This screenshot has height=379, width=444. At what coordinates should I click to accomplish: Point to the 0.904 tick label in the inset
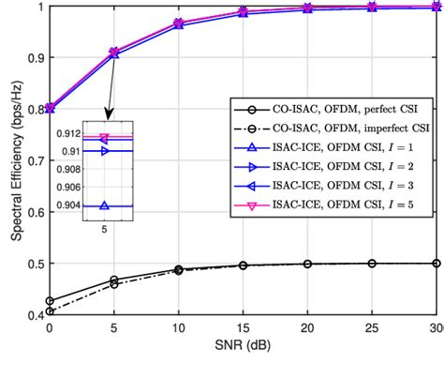68,205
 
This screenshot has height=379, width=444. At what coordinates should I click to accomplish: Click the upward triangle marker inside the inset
104,205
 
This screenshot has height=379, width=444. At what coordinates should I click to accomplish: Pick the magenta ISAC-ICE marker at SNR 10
179,23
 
